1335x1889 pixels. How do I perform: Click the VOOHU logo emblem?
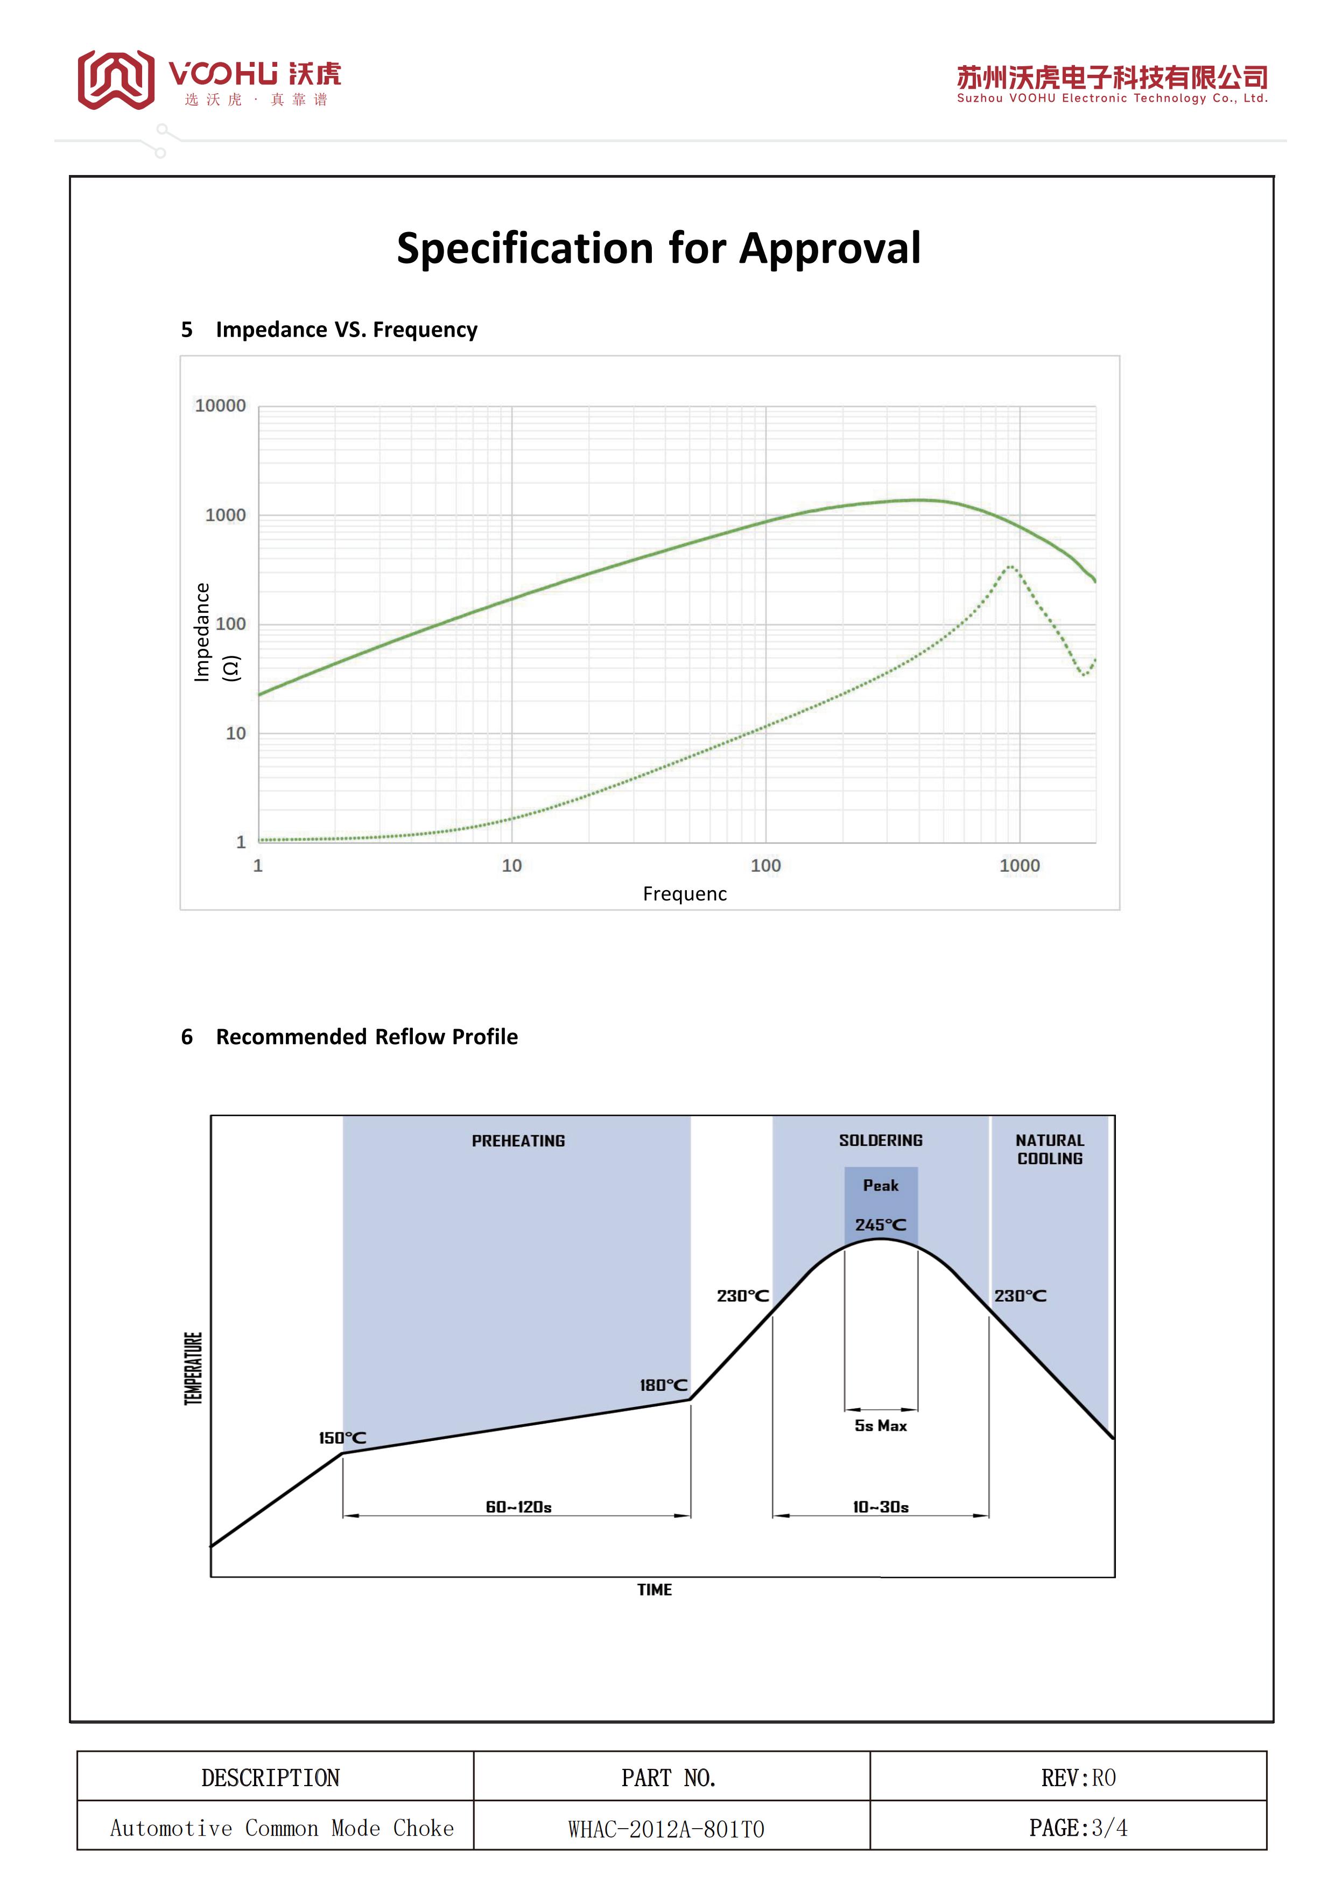tap(116, 79)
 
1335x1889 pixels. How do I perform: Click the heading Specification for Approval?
tap(659, 248)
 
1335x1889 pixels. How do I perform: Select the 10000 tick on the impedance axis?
tap(221, 405)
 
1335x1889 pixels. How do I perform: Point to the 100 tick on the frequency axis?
tap(766, 865)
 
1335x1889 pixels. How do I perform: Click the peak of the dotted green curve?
tap(1009, 567)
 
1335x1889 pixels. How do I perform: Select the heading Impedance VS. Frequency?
tap(346, 330)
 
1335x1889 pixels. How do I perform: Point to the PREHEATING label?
tap(518, 1141)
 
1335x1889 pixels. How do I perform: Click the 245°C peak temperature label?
tap(880, 1225)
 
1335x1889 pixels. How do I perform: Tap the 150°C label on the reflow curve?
tap(342, 1438)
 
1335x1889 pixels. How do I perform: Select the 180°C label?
tap(663, 1386)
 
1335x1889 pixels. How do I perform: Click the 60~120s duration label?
tap(518, 1507)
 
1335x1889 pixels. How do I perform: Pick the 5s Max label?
tap(880, 1426)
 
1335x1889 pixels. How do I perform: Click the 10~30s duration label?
tap(880, 1507)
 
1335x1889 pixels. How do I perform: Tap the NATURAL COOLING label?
tap(1050, 1149)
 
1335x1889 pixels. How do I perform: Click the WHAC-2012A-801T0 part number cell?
tap(666, 1829)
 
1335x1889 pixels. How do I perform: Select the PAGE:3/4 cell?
tap(1078, 1828)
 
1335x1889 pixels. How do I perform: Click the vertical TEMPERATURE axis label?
tap(193, 1368)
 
